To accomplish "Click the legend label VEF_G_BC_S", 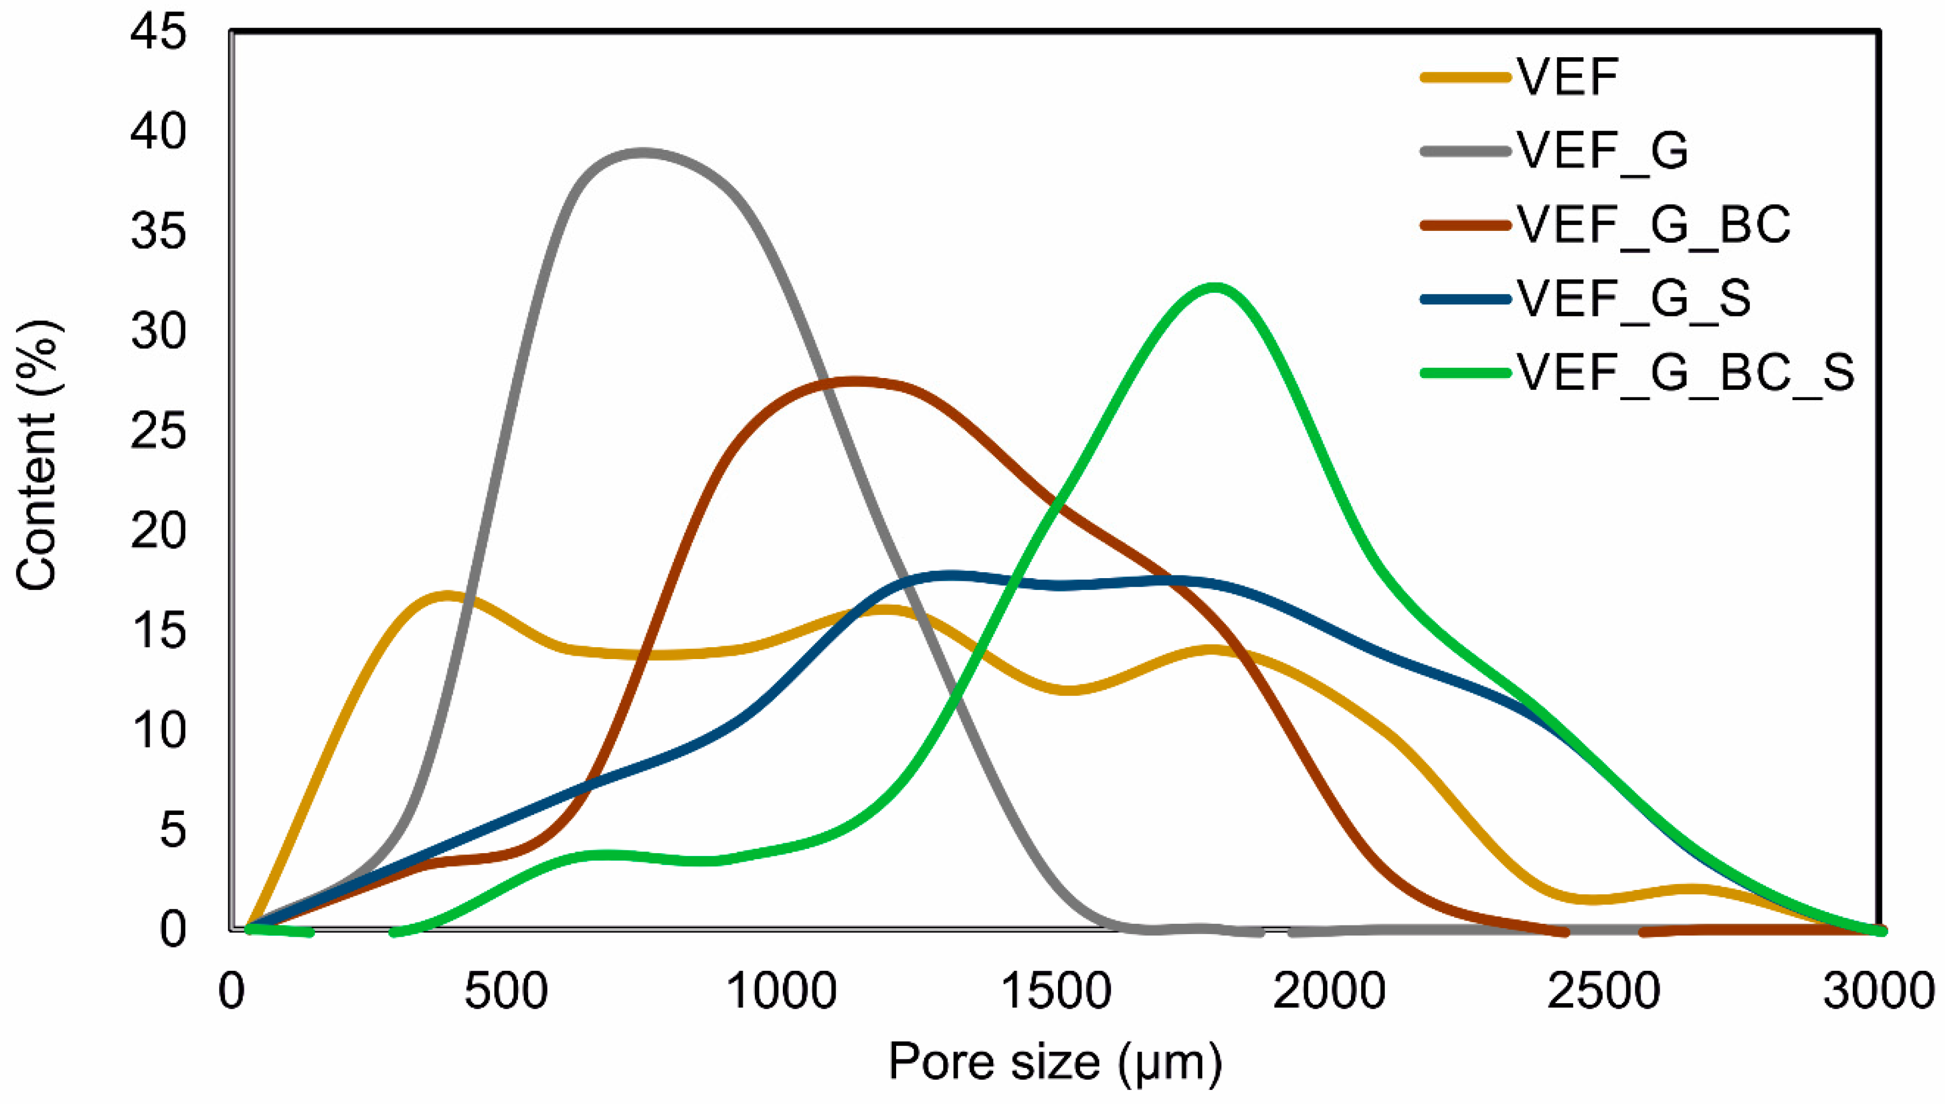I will pyautogui.click(x=1685, y=372).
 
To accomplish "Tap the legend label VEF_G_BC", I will pyautogui.click(x=1653, y=224).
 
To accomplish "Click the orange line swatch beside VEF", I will pyautogui.click(x=1465, y=77).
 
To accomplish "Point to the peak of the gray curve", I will pyautogui.click(x=643, y=153).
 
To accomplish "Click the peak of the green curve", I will pyautogui.click(x=1216, y=287).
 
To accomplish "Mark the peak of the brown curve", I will pyautogui.click(x=855, y=381).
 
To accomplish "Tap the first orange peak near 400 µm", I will pyautogui.click(x=447, y=596).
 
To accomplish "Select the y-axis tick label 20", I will pyautogui.click(x=158, y=531).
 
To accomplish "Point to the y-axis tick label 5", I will pyautogui.click(x=172, y=829).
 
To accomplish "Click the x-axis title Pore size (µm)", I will pyautogui.click(x=1055, y=1061).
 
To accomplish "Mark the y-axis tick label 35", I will pyautogui.click(x=158, y=231).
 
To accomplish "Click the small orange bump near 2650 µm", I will pyautogui.click(x=1693, y=889).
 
